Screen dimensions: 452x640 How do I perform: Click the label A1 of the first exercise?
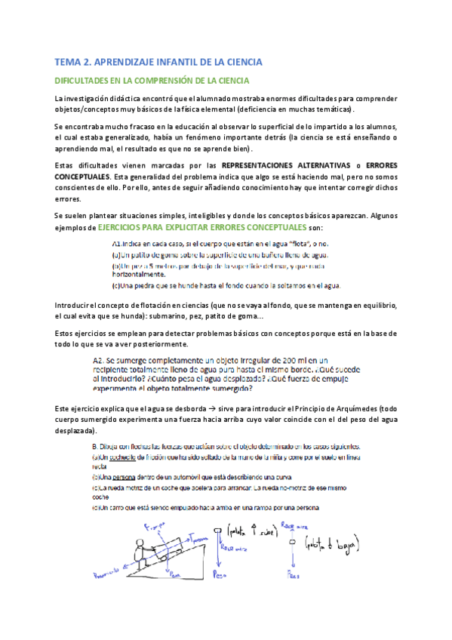tap(118, 245)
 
